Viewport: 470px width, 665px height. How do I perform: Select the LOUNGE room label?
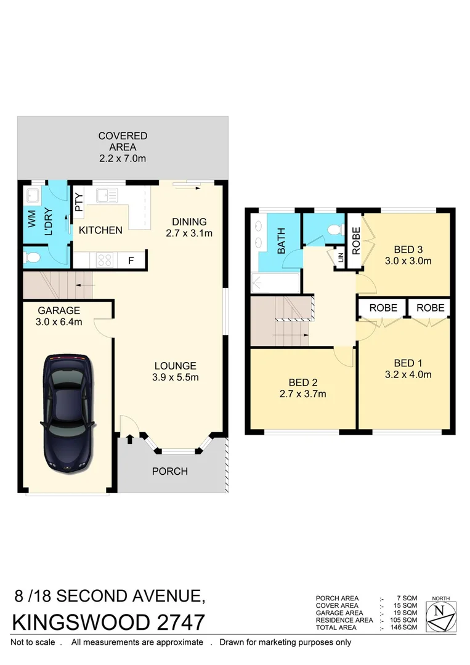point(175,365)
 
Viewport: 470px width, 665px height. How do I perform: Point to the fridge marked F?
point(131,260)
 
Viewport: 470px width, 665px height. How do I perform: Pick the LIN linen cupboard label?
point(340,257)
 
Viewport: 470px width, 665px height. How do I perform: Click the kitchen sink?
point(107,195)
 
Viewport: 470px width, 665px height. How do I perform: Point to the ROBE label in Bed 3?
point(355,242)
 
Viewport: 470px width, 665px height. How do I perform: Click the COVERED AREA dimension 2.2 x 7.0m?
point(123,159)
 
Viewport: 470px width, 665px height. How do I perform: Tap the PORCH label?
point(169,472)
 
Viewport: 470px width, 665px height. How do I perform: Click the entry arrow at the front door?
point(129,439)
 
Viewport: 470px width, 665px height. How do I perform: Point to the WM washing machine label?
point(31,219)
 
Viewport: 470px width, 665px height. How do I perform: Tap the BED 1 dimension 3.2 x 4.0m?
point(404,374)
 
